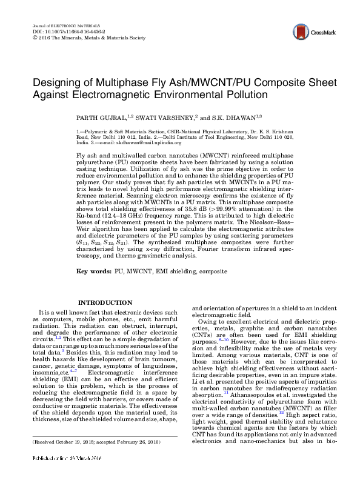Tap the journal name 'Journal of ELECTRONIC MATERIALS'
58,25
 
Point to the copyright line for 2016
87,37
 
